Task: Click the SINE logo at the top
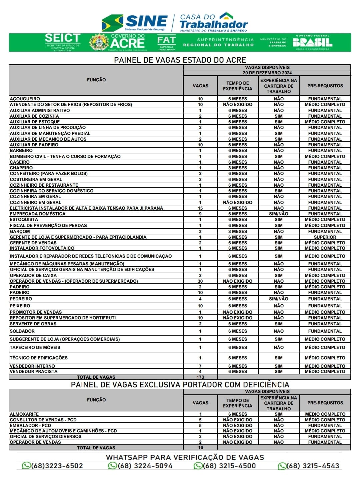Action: (x=135, y=22)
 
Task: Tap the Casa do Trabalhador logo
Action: (x=213, y=22)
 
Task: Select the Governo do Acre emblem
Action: (x=99, y=42)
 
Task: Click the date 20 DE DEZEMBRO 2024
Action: (x=267, y=73)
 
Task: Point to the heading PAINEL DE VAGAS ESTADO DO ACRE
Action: (x=180, y=60)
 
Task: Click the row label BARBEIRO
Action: (x=21, y=150)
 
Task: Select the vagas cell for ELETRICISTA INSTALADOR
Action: (x=200, y=208)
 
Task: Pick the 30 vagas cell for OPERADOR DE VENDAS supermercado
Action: (x=200, y=281)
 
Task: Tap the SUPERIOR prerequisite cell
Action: (x=325, y=237)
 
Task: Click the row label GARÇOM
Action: (x=20, y=231)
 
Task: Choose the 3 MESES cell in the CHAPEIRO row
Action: (x=238, y=168)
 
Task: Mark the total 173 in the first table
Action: (x=200, y=377)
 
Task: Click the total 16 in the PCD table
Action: (x=200, y=448)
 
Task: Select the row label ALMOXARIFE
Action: (x=24, y=414)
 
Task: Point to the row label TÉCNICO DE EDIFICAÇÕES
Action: (x=39, y=358)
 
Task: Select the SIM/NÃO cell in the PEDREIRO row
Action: (x=279, y=299)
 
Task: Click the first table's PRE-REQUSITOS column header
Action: (x=325, y=86)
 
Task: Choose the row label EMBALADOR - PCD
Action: (x=30, y=425)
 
